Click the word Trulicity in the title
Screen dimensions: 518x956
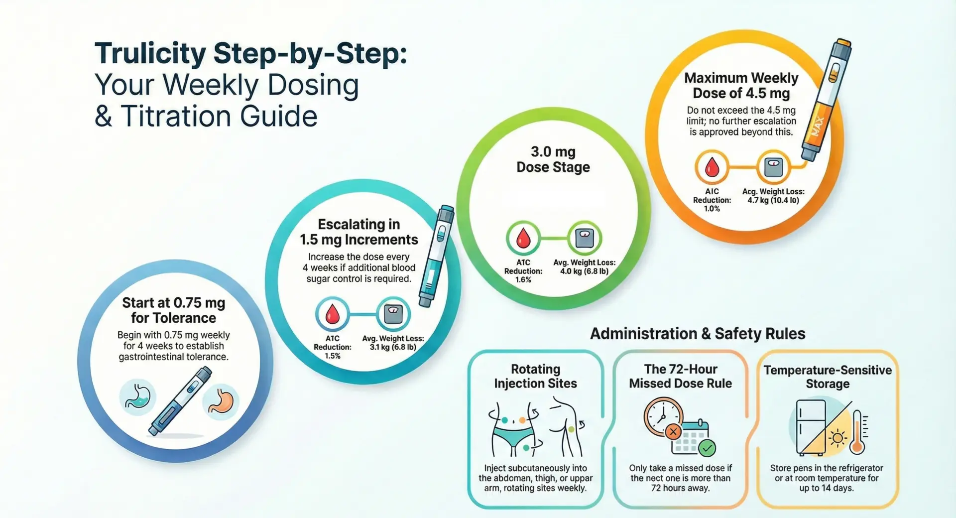pyautogui.click(x=150, y=53)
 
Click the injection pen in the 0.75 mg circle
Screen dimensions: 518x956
pyautogui.click(x=180, y=401)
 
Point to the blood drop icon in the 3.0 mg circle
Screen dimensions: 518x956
pyautogui.click(x=523, y=238)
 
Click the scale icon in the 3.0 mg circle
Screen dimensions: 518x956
pyautogui.click(x=584, y=238)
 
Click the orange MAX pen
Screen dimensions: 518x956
pyautogui.click(x=825, y=100)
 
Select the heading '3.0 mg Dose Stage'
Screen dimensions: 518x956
pyautogui.click(x=553, y=159)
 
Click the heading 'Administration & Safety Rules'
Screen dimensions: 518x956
pyautogui.click(x=697, y=334)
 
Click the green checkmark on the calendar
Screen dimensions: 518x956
pyautogui.click(x=707, y=448)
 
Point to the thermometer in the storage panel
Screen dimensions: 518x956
pyautogui.click(x=857, y=432)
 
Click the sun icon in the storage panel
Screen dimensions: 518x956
pyautogui.click(x=837, y=438)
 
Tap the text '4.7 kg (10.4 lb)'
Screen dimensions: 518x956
pyautogui.click(x=773, y=200)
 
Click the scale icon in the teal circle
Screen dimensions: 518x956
pyautogui.click(x=393, y=314)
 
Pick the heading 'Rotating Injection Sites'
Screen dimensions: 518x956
pyautogui.click(x=535, y=376)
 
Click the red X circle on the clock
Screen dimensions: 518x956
pyautogui.click(x=673, y=432)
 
